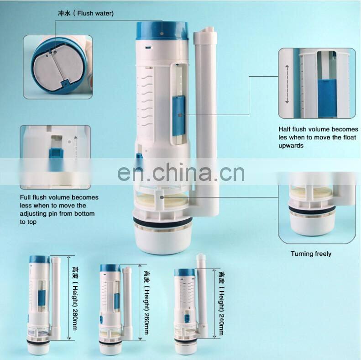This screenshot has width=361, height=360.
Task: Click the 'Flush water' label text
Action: [95, 13]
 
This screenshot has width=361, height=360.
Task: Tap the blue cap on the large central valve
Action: [162, 31]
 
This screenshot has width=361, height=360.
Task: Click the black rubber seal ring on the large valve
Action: [162, 222]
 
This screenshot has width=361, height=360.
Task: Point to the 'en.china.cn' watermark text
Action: [181, 172]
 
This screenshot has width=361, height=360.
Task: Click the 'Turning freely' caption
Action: [311, 254]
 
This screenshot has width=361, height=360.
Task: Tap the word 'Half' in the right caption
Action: [284, 129]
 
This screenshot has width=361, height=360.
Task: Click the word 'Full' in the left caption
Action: [25, 197]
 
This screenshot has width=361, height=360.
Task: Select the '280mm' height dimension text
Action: [74, 319]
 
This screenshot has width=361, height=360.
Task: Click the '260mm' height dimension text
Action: [146, 323]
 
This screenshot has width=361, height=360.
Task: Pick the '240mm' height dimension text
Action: [221, 324]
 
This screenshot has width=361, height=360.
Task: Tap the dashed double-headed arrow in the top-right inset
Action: [287, 84]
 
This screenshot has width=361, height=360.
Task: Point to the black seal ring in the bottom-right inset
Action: [312, 209]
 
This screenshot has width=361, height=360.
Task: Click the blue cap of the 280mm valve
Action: [40, 260]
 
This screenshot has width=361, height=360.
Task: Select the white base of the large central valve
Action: [162, 240]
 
